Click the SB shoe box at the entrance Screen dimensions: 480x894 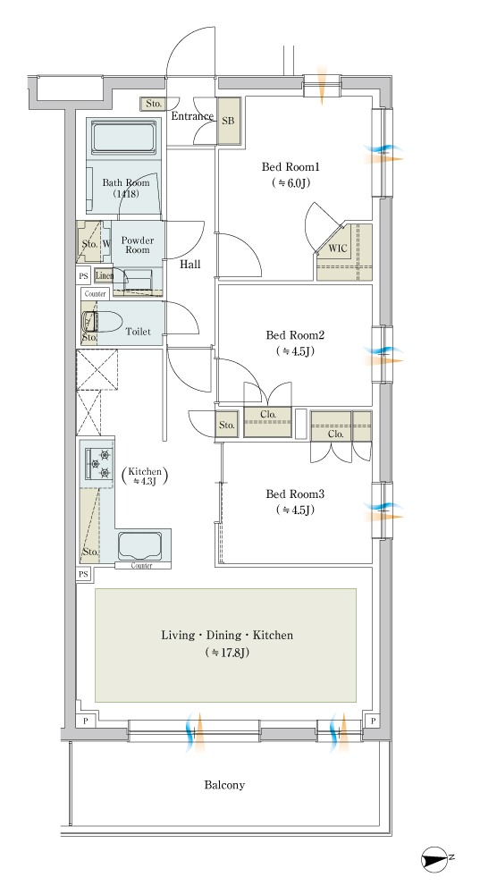(x=229, y=121)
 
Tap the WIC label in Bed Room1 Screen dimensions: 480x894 (x=338, y=249)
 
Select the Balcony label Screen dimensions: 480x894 (x=224, y=785)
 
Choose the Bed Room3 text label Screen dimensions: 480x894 (x=295, y=493)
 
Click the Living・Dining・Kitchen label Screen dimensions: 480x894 (x=227, y=635)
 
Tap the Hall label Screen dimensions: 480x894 (x=190, y=264)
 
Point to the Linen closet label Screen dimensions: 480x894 (x=105, y=276)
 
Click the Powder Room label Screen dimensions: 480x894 (x=138, y=245)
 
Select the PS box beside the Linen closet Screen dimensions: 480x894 (x=84, y=275)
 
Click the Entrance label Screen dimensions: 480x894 (x=193, y=115)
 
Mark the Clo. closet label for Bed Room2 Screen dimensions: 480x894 (x=268, y=415)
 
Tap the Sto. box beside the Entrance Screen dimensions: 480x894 (x=154, y=104)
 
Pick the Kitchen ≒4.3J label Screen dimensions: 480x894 (x=146, y=477)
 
